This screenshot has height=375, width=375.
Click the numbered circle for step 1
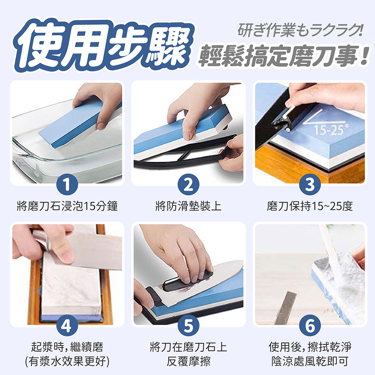point(66,185)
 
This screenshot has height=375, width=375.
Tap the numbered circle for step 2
point(188,185)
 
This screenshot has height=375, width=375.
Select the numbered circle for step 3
point(310,185)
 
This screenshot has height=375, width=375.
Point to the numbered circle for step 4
point(66,327)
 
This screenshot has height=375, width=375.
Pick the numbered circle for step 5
point(188,327)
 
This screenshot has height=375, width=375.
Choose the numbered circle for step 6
point(310,327)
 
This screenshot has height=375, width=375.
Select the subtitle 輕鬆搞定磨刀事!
point(283,55)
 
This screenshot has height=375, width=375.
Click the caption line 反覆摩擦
point(188,361)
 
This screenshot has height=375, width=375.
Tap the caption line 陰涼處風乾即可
point(310,361)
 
